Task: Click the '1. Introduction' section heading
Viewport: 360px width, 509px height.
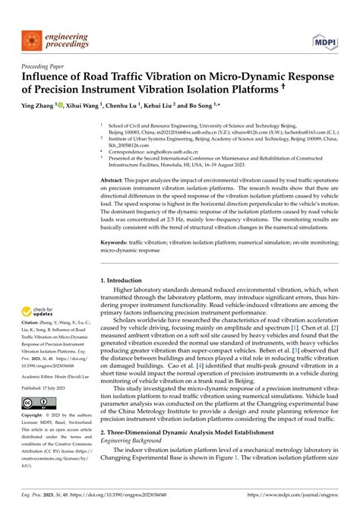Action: pos(123,280)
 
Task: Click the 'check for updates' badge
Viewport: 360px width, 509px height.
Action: pos(37,311)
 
